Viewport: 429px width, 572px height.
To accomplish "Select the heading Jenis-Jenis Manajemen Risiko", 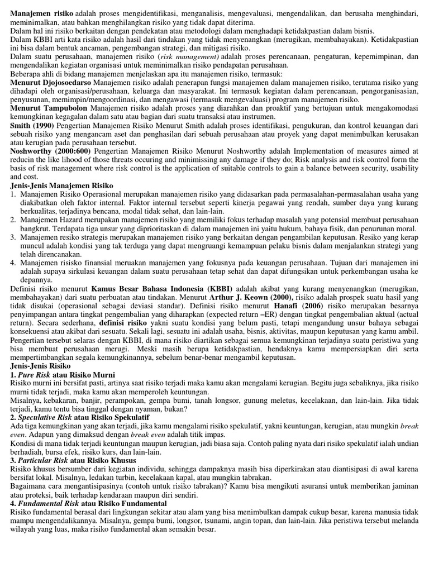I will tap(61, 185).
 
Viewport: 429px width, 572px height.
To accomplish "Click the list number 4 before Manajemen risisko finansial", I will tap(13, 263).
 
